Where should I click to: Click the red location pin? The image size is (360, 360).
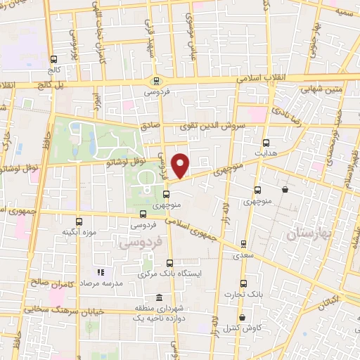[181, 165]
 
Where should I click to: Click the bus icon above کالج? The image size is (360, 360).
[56, 60]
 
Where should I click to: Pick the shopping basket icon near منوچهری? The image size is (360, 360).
[285, 189]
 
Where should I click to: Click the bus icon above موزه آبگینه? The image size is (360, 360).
[78, 221]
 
